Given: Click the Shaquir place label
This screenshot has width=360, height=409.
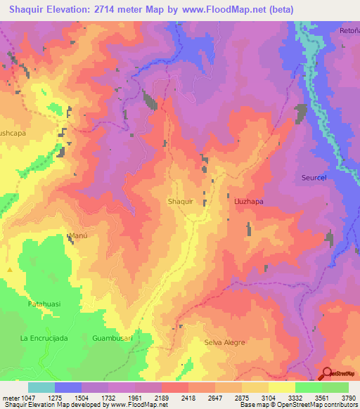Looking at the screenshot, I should pos(181,201).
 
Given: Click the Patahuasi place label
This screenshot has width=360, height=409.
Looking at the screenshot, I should pos(45,304).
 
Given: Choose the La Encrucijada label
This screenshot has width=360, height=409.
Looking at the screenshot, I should pos(44,338).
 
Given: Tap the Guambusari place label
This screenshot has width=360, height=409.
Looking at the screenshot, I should pos(112,338).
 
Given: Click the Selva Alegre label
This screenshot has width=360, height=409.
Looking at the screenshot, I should pos(225,342).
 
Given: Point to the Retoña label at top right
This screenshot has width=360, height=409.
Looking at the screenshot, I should pos(350,30).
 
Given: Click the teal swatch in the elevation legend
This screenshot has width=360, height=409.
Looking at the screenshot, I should pos(41,387).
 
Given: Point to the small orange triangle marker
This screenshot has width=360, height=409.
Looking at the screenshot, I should pos(10,270).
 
